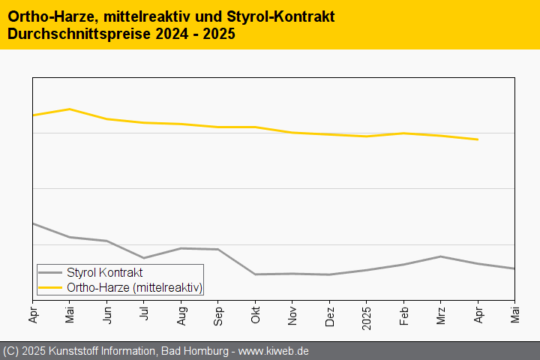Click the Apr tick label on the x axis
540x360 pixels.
pyautogui.click(x=33, y=313)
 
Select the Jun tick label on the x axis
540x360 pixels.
pyautogui.click(x=107, y=313)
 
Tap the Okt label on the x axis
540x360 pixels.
pyautogui.click(x=255, y=313)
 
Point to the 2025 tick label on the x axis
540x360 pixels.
pyautogui.click(x=366, y=316)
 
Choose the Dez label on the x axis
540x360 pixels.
pyautogui.click(x=329, y=313)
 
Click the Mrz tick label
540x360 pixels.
pyautogui.click(x=440, y=313)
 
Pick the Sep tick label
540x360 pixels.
pyautogui.click(x=218, y=313)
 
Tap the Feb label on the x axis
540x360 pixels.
pyautogui.click(x=403, y=313)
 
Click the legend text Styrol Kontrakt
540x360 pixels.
pyautogui.click(x=104, y=273)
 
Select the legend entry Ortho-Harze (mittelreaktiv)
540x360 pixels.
pyautogui.click(x=134, y=286)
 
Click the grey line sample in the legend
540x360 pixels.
pyautogui.click(x=51, y=273)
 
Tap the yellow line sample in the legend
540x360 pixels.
pyautogui.click(x=51, y=286)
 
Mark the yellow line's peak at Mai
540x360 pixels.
pyautogui.click(x=70, y=109)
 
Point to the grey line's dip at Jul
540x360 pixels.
pyautogui.click(x=144, y=258)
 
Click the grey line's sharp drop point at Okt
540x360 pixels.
pyautogui.click(x=255, y=274)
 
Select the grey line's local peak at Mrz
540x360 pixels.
pyautogui.click(x=441, y=256)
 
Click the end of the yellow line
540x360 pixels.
pyautogui.click(x=478, y=139)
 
